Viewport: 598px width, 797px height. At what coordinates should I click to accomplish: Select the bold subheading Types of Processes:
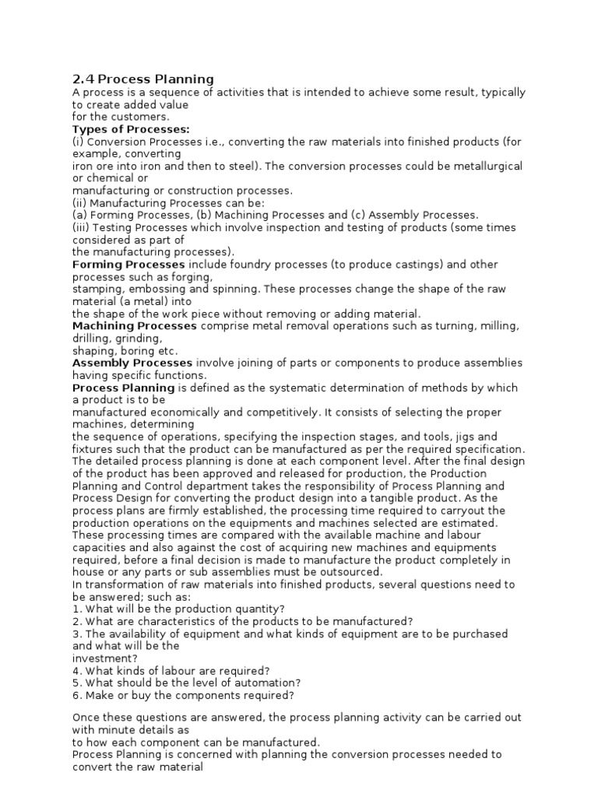(131, 129)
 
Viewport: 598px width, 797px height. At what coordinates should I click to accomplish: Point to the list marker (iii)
(80, 227)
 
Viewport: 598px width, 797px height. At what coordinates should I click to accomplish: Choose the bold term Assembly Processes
(132, 363)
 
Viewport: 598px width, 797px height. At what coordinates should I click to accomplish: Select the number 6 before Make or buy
(76, 695)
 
